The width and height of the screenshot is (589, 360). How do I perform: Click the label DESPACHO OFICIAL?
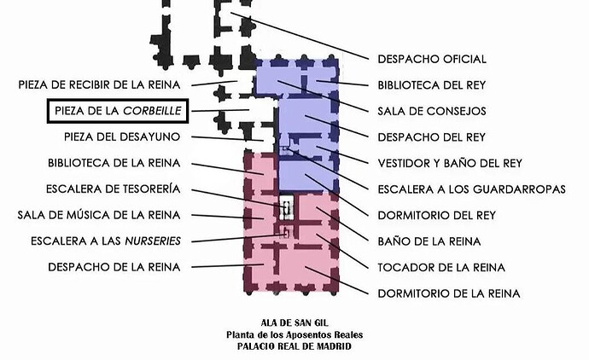tap(432, 60)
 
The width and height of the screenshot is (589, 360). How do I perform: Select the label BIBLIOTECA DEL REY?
tap(432, 85)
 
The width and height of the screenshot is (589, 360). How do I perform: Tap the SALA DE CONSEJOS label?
tap(432, 111)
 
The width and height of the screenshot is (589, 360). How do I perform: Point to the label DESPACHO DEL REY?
tap(432, 136)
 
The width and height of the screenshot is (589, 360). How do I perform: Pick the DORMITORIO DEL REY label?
tap(435, 215)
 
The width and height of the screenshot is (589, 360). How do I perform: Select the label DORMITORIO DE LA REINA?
tap(449, 293)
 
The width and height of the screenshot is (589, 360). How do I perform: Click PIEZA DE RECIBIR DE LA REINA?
tap(99, 85)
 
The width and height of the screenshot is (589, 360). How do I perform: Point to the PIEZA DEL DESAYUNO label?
tap(122, 136)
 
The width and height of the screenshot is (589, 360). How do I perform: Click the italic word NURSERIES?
tap(153, 241)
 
